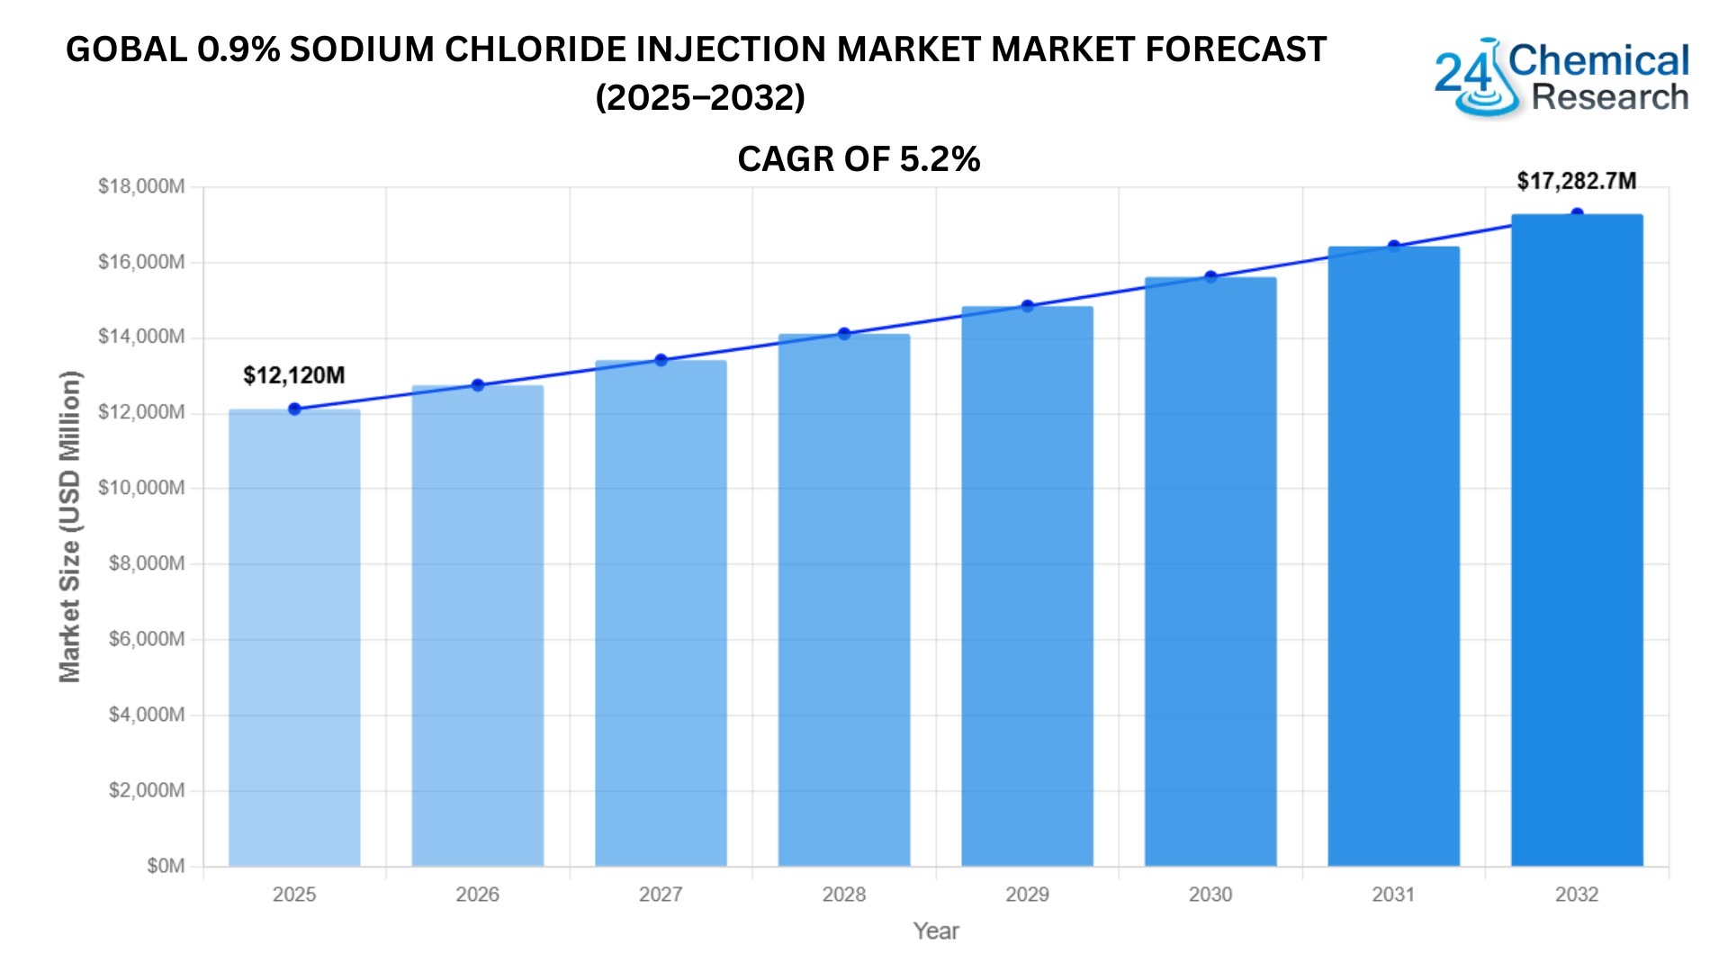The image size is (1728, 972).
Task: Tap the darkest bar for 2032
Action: pyautogui.click(x=1577, y=540)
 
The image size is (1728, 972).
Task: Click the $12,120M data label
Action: pyautogui.click(x=294, y=375)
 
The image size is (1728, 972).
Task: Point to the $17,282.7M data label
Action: pyautogui.click(x=1577, y=181)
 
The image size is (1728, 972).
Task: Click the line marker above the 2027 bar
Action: pyautogui.click(x=661, y=360)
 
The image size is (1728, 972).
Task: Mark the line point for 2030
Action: pyautogui.click(x=1210, y=277)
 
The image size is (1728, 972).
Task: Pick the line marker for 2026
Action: pyautogui.click(x=478, y=385)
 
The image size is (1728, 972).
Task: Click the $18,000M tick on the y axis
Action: pyautogui.click(x=141, y=186)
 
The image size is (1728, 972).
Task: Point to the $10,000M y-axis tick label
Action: pyautogui.click(x=141, y=488)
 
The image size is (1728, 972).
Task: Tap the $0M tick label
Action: pyautogui.click(x=166, y=866)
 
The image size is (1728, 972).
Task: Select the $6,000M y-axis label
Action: pyautogui.click(x=147, y=639)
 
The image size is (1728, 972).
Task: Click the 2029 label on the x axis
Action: pyautogui.click(x=1027, y=895)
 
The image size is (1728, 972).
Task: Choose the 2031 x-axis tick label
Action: pyautogui.click(x=1393, y=895)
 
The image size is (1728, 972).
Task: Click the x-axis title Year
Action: pyautogui.click(x=936, y=931)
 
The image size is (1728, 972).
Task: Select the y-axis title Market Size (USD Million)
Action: pyautogui.click(x=70, y=526)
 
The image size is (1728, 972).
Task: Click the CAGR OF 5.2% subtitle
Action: pyautogui.click(x=859, y=159)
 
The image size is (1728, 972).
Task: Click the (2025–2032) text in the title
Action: pyautogui.click(x=700, y=97)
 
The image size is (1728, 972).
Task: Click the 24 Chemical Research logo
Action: pyautogui.click(x=1561, y=77)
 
